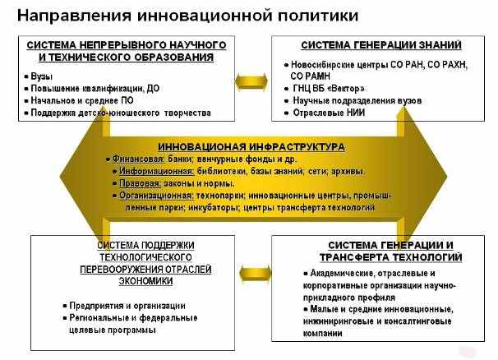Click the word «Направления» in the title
[x=74, y=16]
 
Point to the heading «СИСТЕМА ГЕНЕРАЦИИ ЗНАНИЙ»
[x=381, y=45]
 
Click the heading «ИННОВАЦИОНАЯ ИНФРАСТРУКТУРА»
[x=251, y=147]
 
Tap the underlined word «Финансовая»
[x=138, y=159]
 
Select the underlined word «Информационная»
[x=156, y=171]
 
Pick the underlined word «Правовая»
[x=140, y=183]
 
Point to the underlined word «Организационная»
[x=156, y=196]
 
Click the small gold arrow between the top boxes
[x=251, y=82]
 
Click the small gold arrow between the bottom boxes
[x=255, y=274]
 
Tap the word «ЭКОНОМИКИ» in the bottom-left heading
[x=145, y=281]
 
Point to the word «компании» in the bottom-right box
[x=322, y=334]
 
